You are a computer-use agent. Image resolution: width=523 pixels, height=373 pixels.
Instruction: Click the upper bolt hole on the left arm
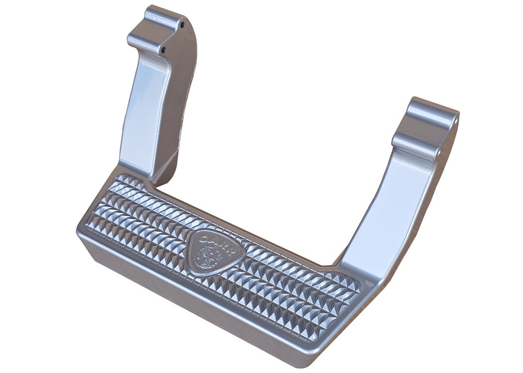182,25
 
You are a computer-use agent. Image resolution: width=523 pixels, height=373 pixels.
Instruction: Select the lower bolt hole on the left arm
163,50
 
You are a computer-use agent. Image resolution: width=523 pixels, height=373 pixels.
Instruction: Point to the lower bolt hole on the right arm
438,152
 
